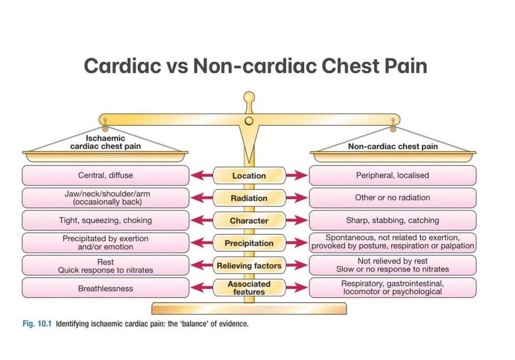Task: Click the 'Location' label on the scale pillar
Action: pos(249,176)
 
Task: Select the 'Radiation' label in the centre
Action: pos(249,198)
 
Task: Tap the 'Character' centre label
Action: pos(249,221)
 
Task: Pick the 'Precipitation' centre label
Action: pos(249,243)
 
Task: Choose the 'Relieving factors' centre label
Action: pos(249,266)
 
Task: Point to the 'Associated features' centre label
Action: pos(249,288)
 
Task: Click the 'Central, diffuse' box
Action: pos(105,175)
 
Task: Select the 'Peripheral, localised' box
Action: pos(392,175)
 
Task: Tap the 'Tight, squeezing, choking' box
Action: pos(105,221)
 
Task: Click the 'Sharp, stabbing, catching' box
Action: pos(392,221)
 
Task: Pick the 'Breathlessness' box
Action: pos(105,288)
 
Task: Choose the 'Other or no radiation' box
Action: pos(392,198)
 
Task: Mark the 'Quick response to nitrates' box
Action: pos(105,266)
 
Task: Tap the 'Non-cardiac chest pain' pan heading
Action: pos(393,146)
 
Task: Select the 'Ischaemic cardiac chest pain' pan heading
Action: pos(105,142)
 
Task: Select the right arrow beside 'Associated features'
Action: pos(297,288)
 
